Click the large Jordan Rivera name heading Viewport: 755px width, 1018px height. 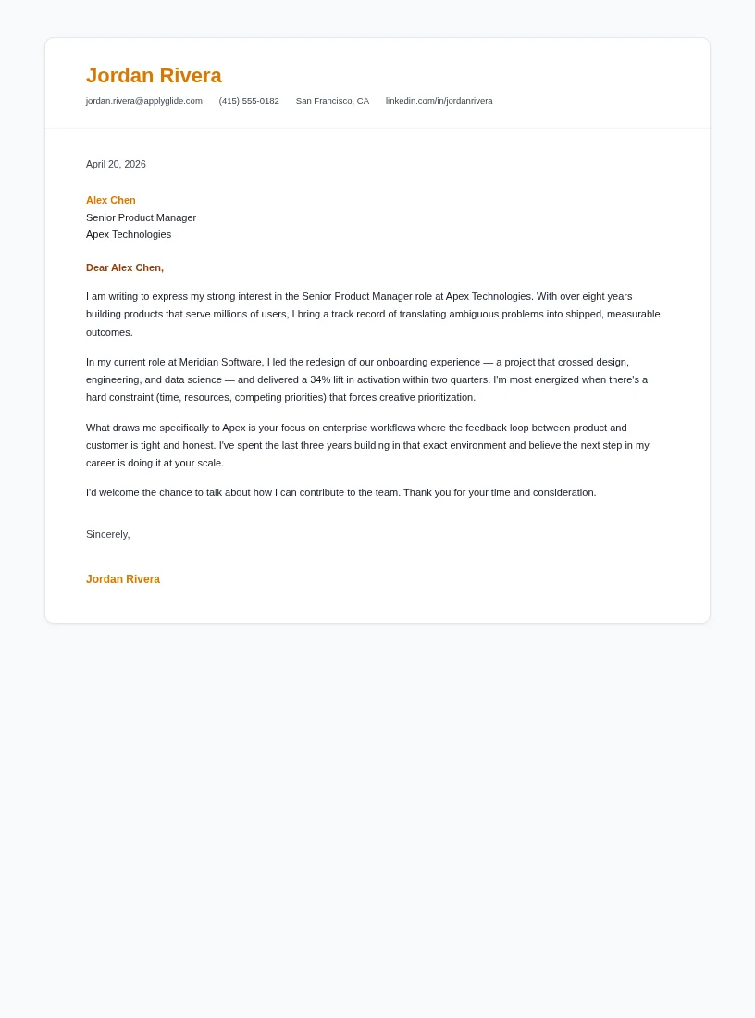[154, 76]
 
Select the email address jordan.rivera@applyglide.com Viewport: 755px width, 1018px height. [143, 101]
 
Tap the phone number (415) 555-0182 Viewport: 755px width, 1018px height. [249, 101]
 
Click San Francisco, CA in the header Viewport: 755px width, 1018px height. [332, 101]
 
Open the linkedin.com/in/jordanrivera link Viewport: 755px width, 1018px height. [439, 101]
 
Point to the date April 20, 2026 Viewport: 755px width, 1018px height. [116, 164]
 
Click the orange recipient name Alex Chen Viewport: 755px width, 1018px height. [111, 200]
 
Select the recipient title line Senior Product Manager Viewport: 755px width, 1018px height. [141, 217]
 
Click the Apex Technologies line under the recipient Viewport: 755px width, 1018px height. [129, 234]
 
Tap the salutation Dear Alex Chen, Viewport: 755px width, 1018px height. [125, 267]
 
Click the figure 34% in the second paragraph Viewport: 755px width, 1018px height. [320, 379]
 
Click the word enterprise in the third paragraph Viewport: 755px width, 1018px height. [345, 428]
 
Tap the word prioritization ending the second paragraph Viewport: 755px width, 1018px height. [444, 397]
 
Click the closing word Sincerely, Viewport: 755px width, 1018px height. [108, 534]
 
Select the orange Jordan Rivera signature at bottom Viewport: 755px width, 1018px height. [123, 579]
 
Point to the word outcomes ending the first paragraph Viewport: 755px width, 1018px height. [108, 332]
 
